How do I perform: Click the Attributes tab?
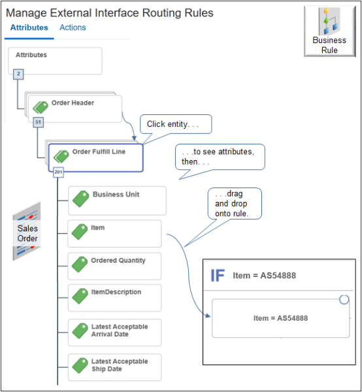coord(29,27)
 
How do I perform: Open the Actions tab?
coord(73,27)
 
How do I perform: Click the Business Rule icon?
coord(329,31)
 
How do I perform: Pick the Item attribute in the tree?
coord(114,233)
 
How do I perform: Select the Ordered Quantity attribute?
coord(114,266)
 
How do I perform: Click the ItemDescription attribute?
coord(114,298)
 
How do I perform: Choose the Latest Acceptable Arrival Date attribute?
coord(114,333)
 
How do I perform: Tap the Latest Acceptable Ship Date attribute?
coord(114,367)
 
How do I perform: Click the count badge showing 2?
coord(18,74)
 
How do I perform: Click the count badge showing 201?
coord(59,172)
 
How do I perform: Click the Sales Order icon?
coord(27,231)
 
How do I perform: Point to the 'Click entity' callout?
coord(176,124)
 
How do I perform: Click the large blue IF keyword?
coord(218,276)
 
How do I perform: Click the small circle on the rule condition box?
coord(344,300)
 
